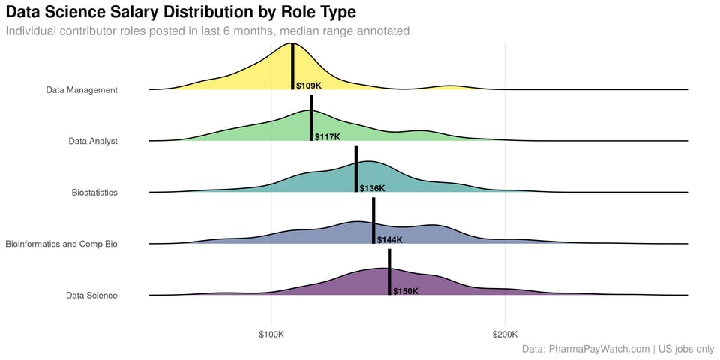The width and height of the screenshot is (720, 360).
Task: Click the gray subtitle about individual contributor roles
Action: (208, 31)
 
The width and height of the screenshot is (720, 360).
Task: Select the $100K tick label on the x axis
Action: (271, 333)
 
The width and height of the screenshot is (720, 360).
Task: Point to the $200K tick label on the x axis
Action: (505, 333)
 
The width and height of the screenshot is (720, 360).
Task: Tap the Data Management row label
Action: (82, 90)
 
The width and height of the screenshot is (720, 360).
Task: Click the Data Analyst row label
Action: (93, 141)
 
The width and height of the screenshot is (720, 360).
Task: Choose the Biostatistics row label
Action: (94, 193)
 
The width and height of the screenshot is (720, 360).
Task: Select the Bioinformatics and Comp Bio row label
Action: (61, 244)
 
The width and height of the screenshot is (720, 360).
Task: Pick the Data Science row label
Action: (91, 295)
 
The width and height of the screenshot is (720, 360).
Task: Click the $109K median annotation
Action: (308, 86)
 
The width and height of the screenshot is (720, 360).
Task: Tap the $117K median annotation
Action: (327, 137)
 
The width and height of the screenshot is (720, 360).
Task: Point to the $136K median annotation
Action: (372, 189)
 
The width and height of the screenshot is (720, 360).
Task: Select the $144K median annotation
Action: (389, 240)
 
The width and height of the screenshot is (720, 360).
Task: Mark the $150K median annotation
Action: (405, 291)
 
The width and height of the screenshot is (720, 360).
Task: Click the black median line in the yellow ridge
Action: (292, 67)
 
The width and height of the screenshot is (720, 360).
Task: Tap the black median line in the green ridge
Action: (311, 118)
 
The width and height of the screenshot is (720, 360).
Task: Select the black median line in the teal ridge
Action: (356, 169)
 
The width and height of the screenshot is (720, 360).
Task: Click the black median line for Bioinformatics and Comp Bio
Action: (373, 221)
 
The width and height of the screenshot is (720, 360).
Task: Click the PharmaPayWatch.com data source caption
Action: (617, 349)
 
